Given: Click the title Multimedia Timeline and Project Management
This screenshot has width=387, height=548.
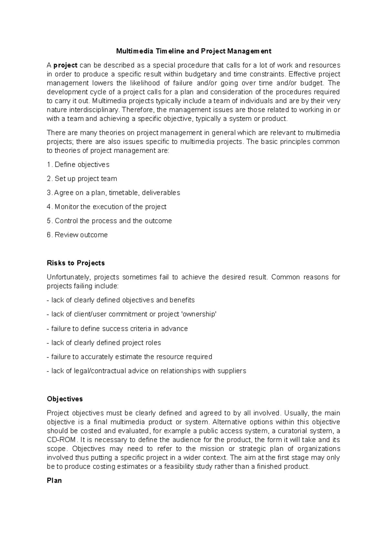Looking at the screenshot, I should [193, 51].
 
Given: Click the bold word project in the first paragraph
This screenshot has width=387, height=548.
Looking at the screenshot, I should [65, 66].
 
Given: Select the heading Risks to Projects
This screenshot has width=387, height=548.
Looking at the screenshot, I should [76, 263].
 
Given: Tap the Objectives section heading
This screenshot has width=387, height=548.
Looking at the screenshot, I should [65, 399].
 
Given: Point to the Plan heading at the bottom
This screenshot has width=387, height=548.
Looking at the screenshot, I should [54, 481].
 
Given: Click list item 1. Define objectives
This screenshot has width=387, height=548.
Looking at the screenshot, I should [78, 165].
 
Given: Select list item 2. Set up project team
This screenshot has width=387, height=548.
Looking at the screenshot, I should [82, 179].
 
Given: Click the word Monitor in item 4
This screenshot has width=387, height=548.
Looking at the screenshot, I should [67, 207].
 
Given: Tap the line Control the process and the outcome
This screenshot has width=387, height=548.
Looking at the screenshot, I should [113, 221].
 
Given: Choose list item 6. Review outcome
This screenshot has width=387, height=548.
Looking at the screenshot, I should [77, 235].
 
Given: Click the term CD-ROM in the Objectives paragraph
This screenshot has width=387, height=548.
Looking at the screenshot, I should [61, 440].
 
